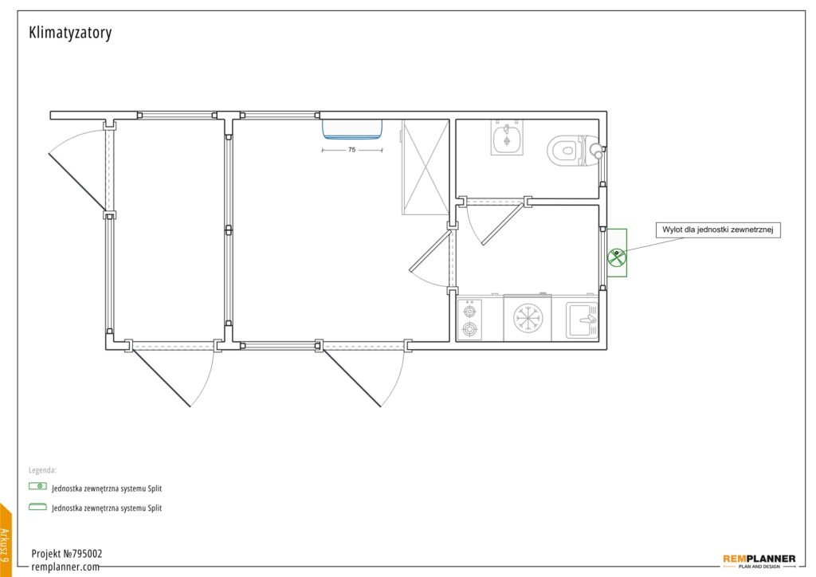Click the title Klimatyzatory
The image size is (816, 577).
coord(70,33)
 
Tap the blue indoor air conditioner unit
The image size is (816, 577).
coord(352,129)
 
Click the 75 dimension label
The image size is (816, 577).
coord(351,150)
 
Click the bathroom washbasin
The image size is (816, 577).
coord(507,137)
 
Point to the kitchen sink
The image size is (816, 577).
coord(583,319)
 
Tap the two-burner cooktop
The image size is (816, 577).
coord(469,320)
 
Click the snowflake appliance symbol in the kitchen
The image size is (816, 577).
coord(528,318)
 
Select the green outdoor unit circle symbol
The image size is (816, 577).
coord(617,257)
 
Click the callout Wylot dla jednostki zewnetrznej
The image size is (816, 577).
coord(718,230)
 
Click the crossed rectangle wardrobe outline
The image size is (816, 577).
coord(426,167)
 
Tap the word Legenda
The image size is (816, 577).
coord(42,470)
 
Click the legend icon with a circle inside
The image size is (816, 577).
coord(38,486)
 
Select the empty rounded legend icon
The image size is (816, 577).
coord(38,506)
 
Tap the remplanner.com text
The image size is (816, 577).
coord(65,567)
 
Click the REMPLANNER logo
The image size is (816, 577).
coord(759,561)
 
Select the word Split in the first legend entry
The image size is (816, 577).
coord(155,489)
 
